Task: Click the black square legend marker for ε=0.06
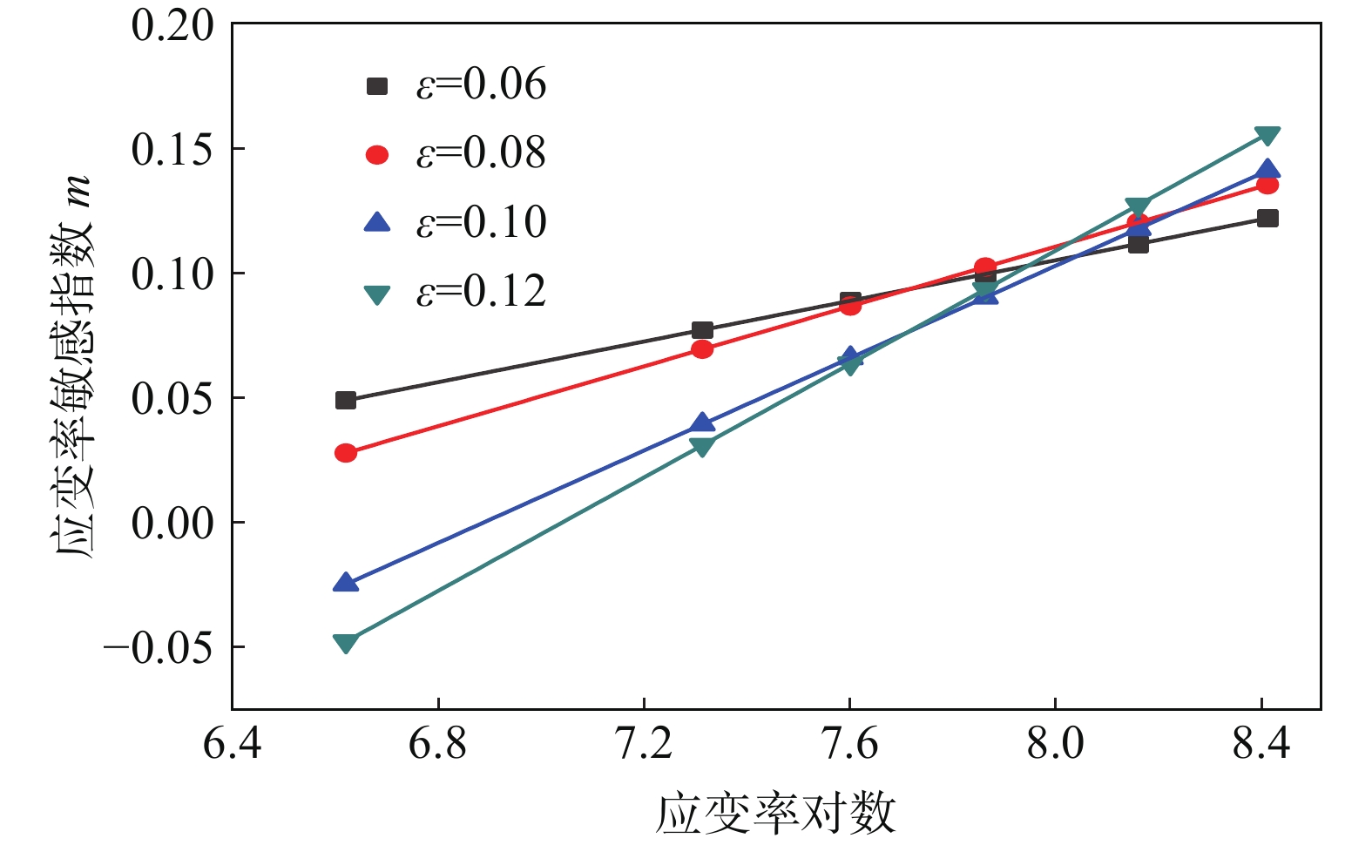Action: pyautogui.click(x=376, y=85)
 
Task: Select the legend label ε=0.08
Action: pyautogui.click(x=481, y=153)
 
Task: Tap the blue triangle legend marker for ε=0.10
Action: pyautogui.click(x=376, y=222)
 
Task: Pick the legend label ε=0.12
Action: pyautogui.click(x=481, y=291)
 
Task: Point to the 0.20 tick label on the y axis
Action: pyautogui.click(x=172, y=25)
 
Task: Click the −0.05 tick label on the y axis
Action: pyautogui.click(x=158, y=647)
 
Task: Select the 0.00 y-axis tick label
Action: pyautogui.click(x=172, y=524)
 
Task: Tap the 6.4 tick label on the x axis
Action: pyautogui.click(x=232, y=744)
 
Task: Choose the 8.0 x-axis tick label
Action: pyautogui.click(x=1055, y=744)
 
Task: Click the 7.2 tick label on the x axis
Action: pyautogui.click(x=644, y=744)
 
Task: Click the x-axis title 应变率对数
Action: pyautogui.click(x=775, y=813)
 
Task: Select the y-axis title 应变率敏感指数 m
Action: pyautogui.click(x=73, y=366)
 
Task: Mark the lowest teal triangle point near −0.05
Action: pyautogui.click(x=346, y=643)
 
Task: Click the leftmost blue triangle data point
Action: pyautogui.click(x=346, y=583)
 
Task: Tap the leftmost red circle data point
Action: pyautogui.click(x=346, y=453)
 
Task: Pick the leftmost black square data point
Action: pyautogui.click(x=346, y=401)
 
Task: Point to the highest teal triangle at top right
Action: pyautogui.click(x=1267, y=135)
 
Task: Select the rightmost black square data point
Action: pyautogui.click(x=1267, y=218)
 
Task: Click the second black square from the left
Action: pyautogui.click(x=702, y=330)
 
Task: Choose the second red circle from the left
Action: pyautogui.click(x=702, y=349)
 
